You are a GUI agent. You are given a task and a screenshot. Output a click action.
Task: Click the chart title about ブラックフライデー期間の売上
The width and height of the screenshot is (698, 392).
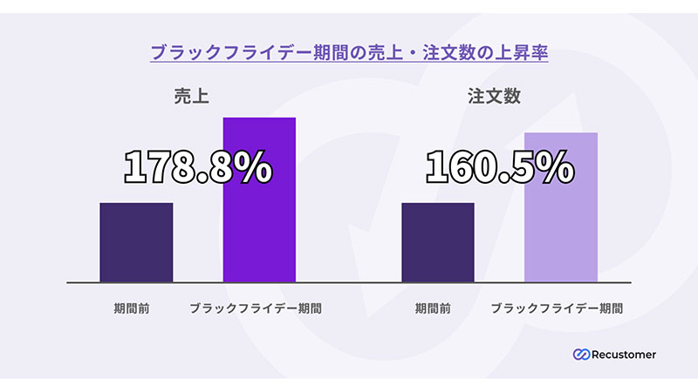pos(349,51)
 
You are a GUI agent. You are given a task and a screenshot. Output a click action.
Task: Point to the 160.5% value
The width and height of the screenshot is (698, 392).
pos(499,167)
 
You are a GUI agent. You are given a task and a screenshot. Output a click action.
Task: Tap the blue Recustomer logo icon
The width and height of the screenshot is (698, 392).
pos(581,355)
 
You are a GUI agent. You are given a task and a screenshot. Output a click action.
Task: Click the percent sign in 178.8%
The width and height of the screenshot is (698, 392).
pos(255,167)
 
